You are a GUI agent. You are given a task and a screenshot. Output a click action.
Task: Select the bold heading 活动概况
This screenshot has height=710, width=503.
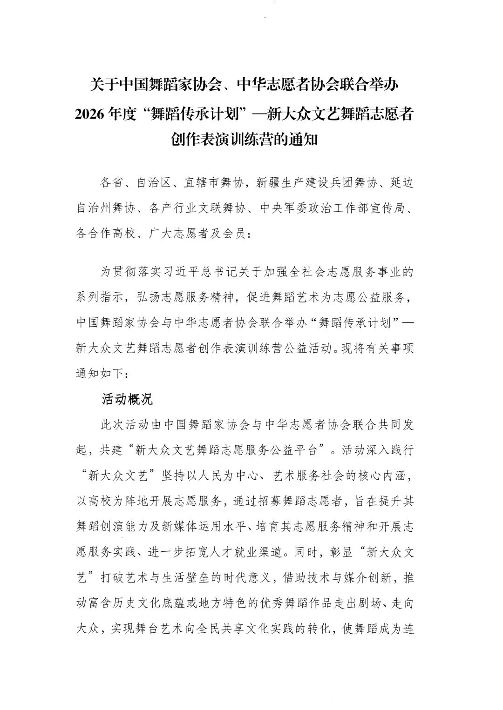pos(127,399)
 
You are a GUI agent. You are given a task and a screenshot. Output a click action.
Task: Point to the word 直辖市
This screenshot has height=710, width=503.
pos(201,183)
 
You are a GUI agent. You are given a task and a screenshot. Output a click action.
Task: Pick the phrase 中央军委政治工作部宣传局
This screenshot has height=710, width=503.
pos(334,208)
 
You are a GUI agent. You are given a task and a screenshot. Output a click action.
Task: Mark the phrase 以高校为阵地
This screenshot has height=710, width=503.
pos(111,501)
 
